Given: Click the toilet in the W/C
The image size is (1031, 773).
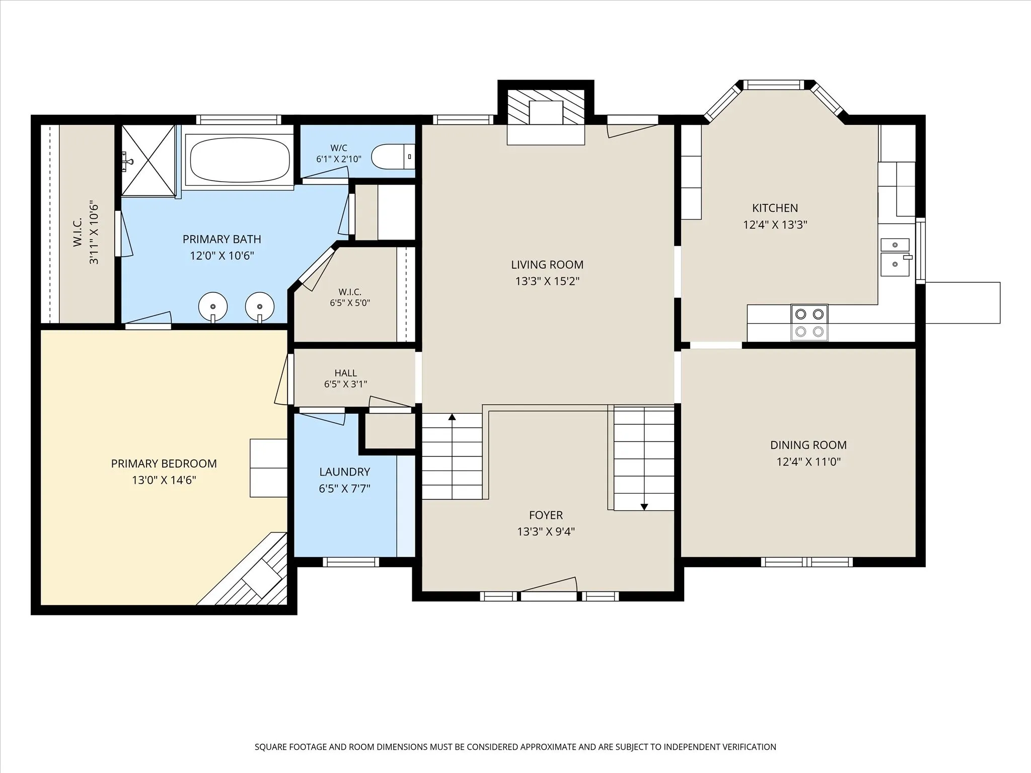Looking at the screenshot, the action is pyautogui.click(x=393, y=157).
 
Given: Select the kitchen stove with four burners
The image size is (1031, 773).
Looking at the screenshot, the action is pyautogui.click(x=809, y=323).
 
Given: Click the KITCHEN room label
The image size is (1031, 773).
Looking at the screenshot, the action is pyautogui.click(x=775, y=208).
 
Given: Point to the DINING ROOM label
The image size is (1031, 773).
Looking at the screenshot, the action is pyautogui.click(x=808, y=445).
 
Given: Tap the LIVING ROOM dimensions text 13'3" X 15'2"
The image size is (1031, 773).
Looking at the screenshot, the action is pyautogui.click(x=547, y=281).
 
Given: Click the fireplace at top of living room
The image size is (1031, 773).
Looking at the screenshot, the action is pyautogui.click(x=546, y=117).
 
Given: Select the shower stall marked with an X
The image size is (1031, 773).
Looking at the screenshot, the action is pyautogui.click(x=149, y=160).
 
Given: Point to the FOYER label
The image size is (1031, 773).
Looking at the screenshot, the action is pyautogui.click(x=546, y=515).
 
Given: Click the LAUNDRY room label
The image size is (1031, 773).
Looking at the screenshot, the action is pyautogui.click(x=345, y=472).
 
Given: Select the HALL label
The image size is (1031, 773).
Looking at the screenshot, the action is pyautogui.click(x=345, y=373).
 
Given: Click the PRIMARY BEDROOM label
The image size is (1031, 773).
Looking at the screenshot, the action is pyautogui.click(x=164, y=463).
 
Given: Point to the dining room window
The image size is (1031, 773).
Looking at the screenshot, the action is pyautogui.click(x=806, y=562).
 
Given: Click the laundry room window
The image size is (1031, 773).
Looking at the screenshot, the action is pyautogui.click(x=351, y=562).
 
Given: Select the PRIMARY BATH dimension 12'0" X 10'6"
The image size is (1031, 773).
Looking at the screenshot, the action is pyautogui.click(x=222, y=256).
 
